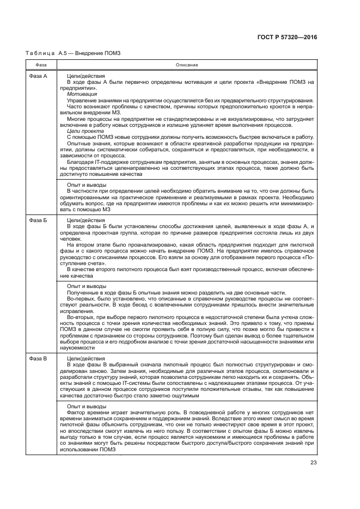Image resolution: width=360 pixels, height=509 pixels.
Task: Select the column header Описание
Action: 186,65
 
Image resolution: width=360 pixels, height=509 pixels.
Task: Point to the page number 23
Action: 313,463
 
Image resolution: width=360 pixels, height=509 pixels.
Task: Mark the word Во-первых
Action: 79,299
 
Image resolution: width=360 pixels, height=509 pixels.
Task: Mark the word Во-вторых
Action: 79,317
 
